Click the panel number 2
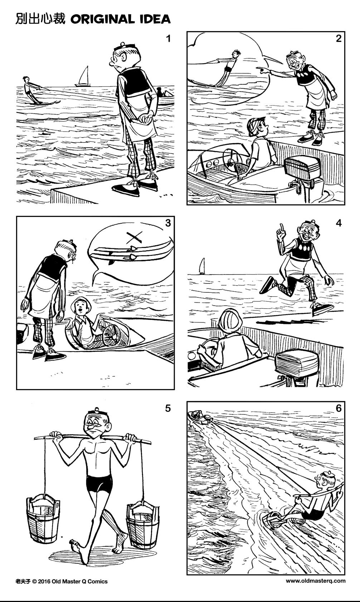coord(339,39)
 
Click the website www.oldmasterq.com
coord(315,581)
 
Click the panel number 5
coord(168,408)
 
